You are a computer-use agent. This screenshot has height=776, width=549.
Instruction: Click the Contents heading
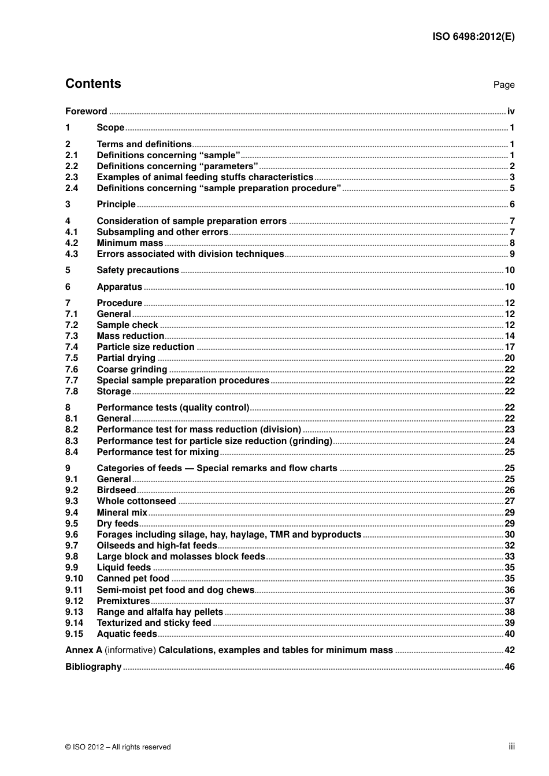(93, 84)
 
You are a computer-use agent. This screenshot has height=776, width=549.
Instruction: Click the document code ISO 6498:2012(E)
(473, 36)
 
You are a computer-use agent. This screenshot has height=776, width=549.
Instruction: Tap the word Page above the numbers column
(503, 85)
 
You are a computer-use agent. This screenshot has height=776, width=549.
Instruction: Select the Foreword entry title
(86, 111)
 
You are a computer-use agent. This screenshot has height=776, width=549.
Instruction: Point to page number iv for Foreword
(510, 111)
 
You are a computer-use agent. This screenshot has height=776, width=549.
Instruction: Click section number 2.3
(72, 177)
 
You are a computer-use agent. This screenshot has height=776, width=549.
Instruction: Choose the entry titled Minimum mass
(130, 243)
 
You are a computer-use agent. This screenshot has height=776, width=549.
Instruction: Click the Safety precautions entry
(138, 270)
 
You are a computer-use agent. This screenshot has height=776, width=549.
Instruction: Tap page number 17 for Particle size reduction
(509, 347)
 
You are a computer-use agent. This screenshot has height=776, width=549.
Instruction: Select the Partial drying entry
(126, 358)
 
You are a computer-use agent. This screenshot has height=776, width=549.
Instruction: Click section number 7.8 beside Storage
(72, 391)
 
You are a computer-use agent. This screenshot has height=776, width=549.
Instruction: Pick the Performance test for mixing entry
(158, 452)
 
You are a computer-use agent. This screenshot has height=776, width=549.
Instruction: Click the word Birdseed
(116, 490)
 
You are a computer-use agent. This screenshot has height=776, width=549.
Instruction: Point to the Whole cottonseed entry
(136, 501)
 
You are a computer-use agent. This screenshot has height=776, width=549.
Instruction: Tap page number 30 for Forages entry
(509, 535)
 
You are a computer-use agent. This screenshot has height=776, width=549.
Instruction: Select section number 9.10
(74, 579)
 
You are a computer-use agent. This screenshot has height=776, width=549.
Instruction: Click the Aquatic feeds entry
(127, 634)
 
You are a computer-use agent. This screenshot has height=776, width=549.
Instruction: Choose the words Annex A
(84, 650)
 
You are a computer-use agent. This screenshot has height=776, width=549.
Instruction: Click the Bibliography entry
(93, 667)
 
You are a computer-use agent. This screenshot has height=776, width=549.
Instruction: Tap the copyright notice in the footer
(118, 747)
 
